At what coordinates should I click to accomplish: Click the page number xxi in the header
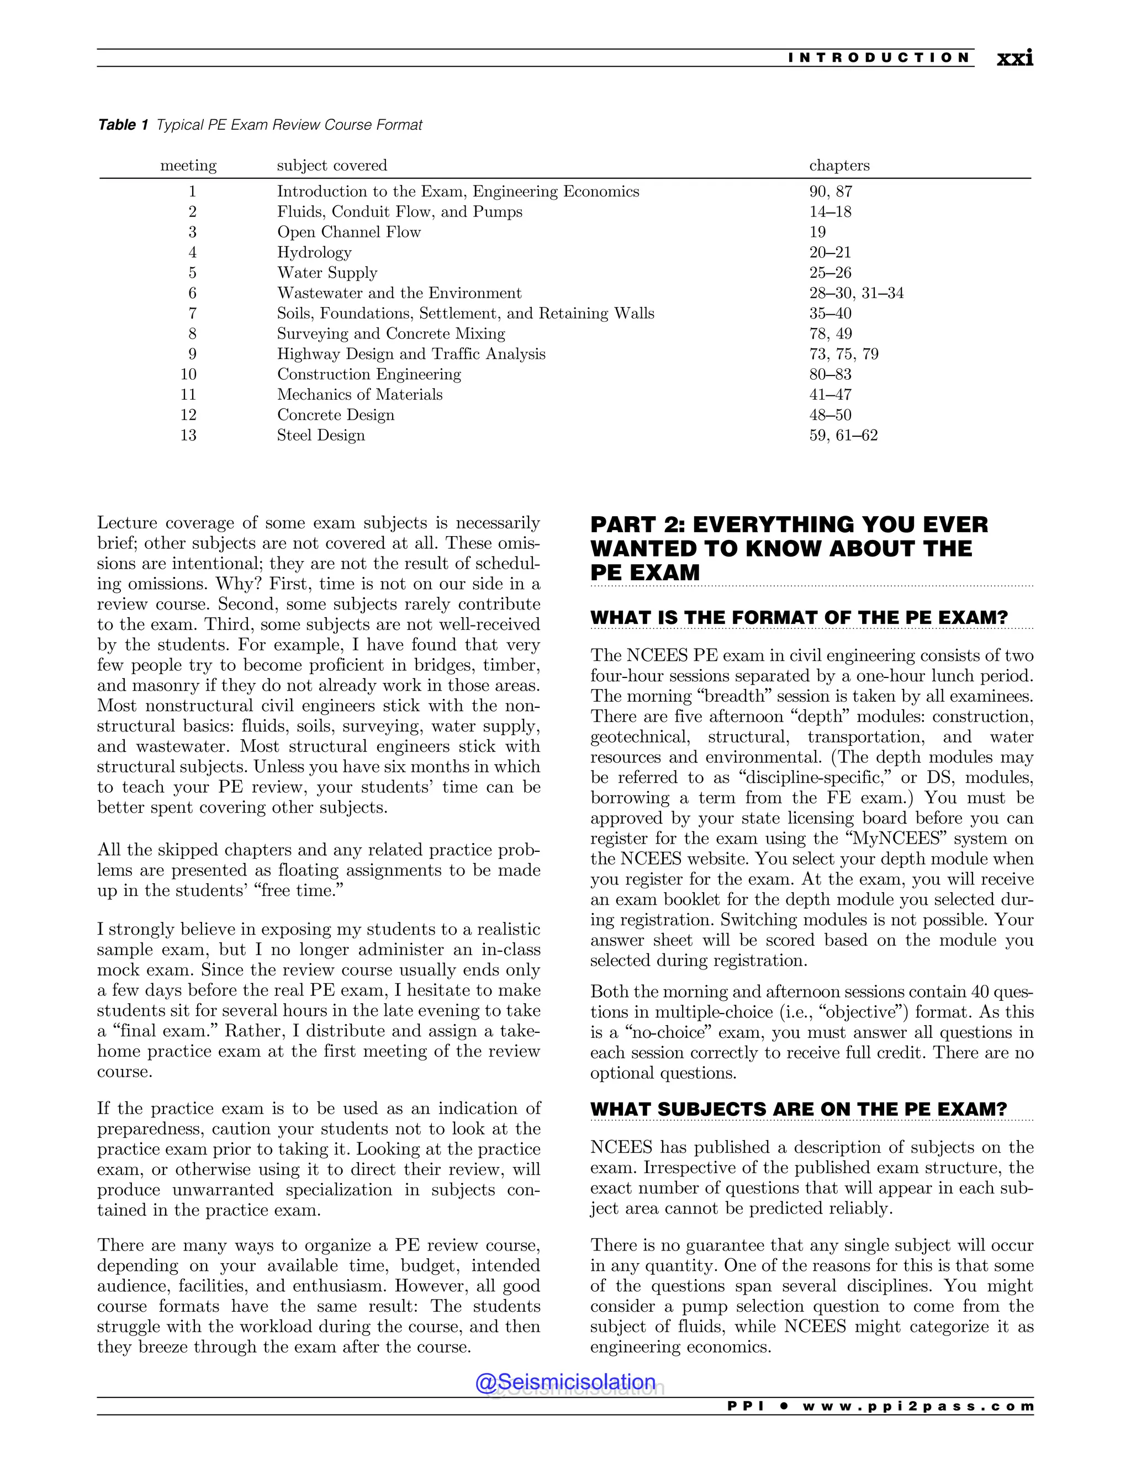(1014, 59)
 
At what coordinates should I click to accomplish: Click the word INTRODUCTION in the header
(879, 57)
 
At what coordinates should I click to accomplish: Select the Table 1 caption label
(123, 125)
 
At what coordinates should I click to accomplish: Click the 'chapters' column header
(839, 166)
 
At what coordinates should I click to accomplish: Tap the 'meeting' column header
(188, 166)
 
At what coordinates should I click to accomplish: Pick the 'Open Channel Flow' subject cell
(348, 232)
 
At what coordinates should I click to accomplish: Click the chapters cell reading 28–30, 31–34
(855, 293)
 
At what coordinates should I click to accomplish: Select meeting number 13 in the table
(188, 436)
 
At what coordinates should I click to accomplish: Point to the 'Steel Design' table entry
(321, 436)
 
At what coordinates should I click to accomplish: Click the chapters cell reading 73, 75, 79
(844, 354)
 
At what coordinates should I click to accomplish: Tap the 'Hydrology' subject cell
(314, 252)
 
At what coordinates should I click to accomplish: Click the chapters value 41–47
(829, 395)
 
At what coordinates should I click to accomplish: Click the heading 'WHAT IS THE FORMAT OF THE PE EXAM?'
(799, 618)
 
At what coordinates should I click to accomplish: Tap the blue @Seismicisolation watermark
(565, 1382)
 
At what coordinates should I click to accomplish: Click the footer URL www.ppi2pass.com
(917, 1406)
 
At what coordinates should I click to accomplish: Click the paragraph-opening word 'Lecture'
(128, 523)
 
